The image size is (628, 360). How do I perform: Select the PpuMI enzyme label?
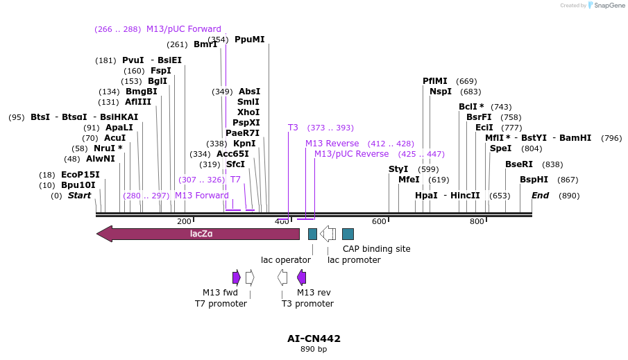(x=250, y=40)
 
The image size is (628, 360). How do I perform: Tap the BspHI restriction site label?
(x=534, y=180)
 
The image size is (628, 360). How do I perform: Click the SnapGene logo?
(x=606, y=6)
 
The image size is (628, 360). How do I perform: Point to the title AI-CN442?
(x=314, y=338)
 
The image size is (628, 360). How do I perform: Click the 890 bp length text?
(x=314, y=350)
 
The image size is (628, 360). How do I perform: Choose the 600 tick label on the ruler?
(x=379, y=221)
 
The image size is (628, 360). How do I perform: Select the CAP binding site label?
(x=376, y=248)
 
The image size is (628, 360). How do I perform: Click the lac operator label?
(x=285, y=260)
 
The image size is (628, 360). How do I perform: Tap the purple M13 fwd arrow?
(x=237, y=277)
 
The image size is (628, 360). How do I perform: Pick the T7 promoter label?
(x=221, y=304)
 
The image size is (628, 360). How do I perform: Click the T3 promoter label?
(x=307, y=304)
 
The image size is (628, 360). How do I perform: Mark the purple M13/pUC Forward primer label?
(x=183, y=29)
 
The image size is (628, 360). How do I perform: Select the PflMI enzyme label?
(x=435, y=81)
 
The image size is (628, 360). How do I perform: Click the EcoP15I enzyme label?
(x=80, y=175)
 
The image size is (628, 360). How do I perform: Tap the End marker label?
(x=541, y=196)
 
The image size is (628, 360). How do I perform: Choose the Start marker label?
(x=79, y=196)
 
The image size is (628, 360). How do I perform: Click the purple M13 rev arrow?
(x=301, y=277)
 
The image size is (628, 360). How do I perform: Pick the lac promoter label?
(x=354, y=260)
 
